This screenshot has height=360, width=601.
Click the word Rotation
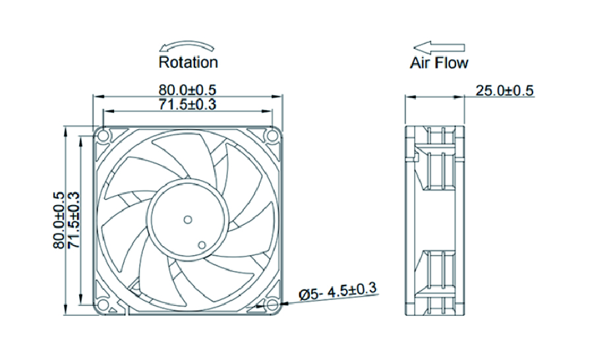tap(188, 63)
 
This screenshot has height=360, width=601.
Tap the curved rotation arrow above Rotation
tap(188, 46)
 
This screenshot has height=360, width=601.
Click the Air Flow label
tap(440, 63)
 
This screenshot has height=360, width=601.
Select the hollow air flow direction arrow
tap(439, 47)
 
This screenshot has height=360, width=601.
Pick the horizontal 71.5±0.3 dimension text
tap(187, 104)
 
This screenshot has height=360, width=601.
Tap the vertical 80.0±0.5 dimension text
tap(58, 220)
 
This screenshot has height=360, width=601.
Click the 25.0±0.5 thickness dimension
tap(505, 90)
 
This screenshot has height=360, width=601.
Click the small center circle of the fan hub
tap(187, 219)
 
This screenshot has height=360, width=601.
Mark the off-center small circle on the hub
tap(202, 245)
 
